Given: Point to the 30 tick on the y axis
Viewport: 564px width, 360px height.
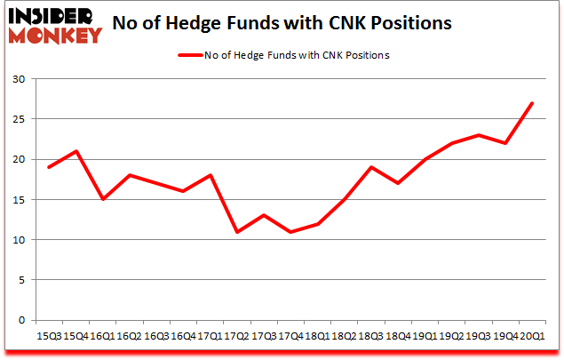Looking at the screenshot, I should coord(18,79).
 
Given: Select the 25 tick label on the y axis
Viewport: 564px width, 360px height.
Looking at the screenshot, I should coord(18,119).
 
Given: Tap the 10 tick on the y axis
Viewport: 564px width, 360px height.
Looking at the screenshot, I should coord(18,240).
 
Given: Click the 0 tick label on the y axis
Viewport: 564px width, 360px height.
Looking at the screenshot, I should coord(20,320).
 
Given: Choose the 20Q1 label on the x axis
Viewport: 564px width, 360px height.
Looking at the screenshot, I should coord(531,337).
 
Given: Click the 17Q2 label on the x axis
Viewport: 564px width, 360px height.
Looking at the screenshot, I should coord(235,337).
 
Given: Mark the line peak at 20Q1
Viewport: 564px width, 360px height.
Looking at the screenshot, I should coord(531,103).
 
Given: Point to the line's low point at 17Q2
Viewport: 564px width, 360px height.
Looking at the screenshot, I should coord(235,232).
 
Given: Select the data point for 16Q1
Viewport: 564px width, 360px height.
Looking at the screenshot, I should coord(104,199).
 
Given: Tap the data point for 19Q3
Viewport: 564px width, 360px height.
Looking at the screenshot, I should coord(479,135).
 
